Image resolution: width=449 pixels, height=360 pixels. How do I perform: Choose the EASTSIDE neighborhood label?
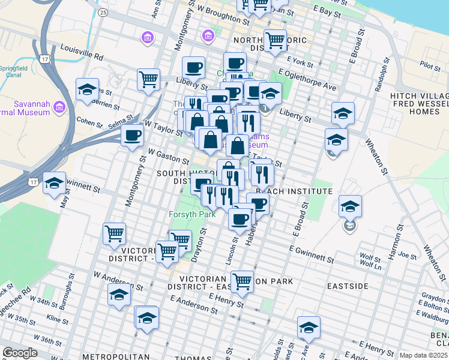(348, 286)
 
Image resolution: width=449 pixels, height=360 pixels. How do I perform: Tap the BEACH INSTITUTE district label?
(294, 191)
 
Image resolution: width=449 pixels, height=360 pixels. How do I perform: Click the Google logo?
(20, 353)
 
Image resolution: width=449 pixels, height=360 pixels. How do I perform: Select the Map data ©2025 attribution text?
(424, 355)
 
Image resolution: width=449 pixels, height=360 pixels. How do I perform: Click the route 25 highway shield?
(103, 12)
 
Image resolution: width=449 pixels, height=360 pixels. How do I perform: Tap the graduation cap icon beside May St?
(55, 183)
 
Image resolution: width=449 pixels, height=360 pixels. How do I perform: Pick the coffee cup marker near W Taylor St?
(132, 134)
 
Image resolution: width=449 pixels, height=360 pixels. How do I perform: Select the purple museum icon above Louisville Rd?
(147, 38)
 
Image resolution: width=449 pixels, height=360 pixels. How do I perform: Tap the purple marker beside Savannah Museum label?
(59, 107)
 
